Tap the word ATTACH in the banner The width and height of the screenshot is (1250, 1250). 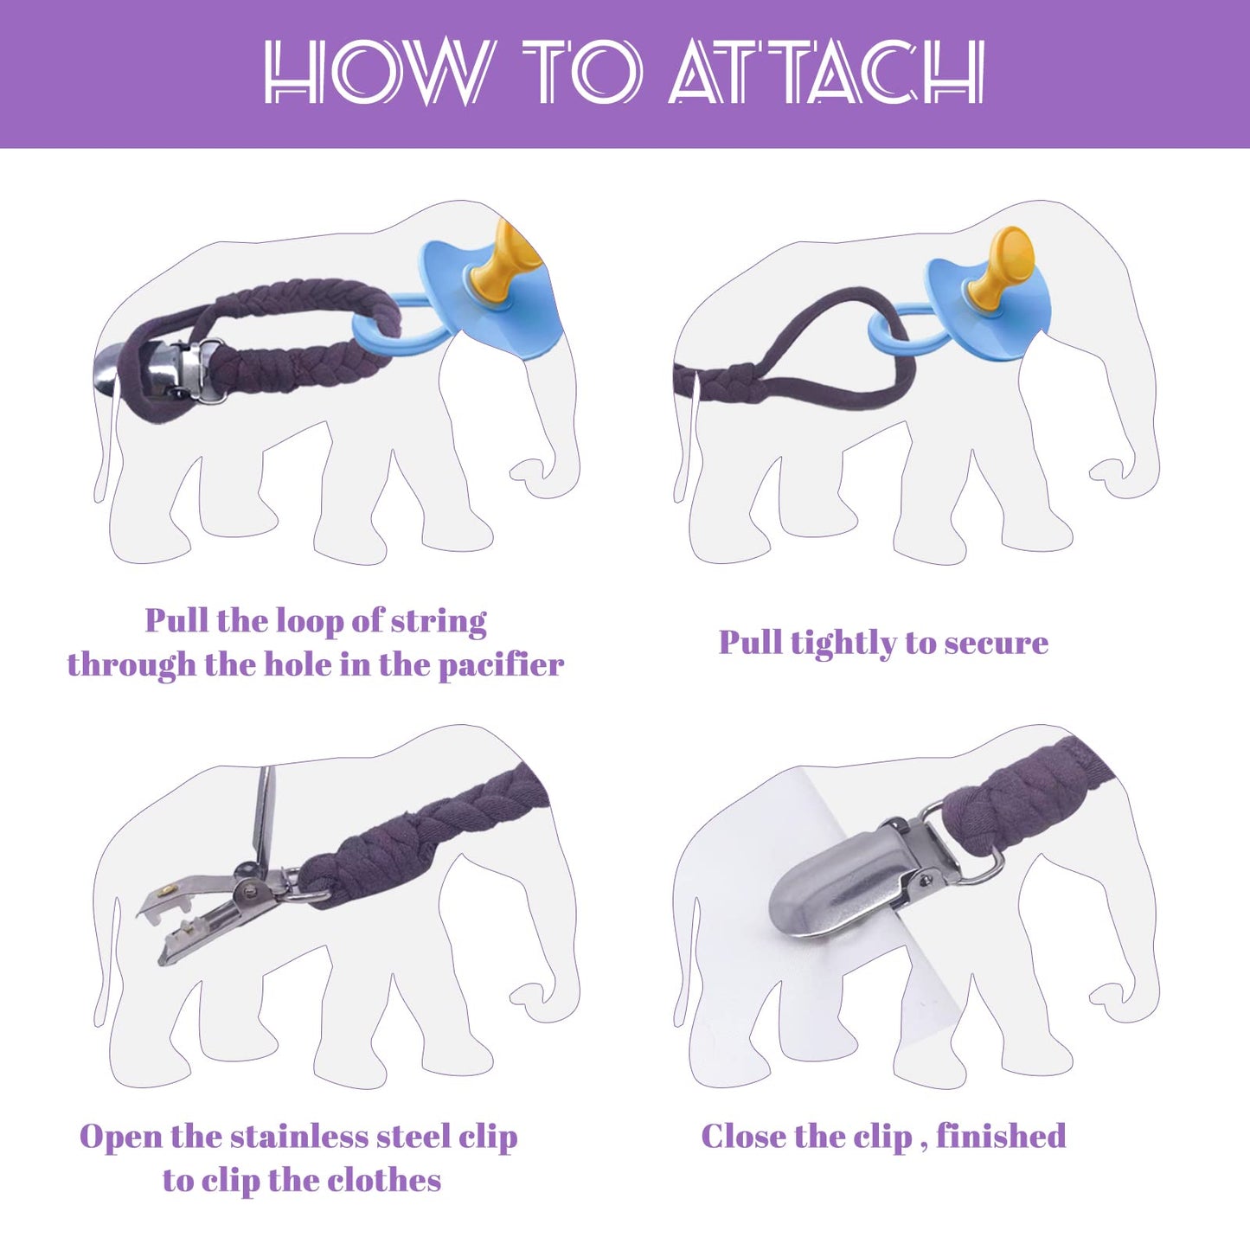pyautogui.click(x=827, y=71)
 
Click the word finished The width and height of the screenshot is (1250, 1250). pyautogui.click(x=1002, y=1155)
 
